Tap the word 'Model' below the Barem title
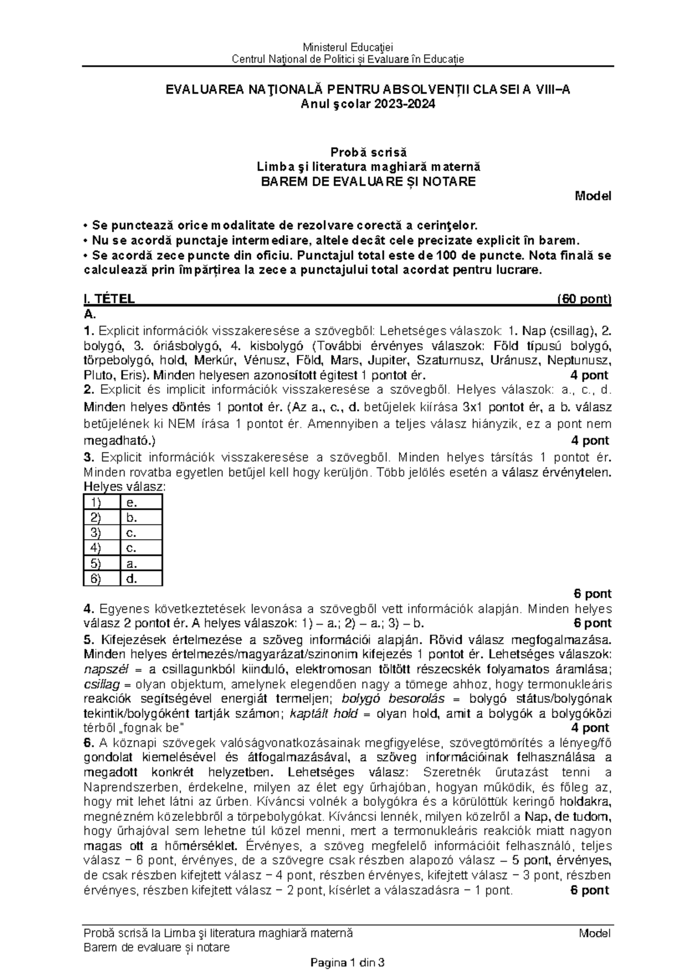click(x=592, y=196)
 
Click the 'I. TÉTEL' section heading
click(x=109, y=299)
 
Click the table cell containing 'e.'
click(x=141, y=502)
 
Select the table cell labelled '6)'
click(x=102, y=579)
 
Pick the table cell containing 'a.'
click(x=141, y=563)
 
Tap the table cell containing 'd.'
click(x=141, y=579)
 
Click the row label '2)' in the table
click(x=102, y=517)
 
